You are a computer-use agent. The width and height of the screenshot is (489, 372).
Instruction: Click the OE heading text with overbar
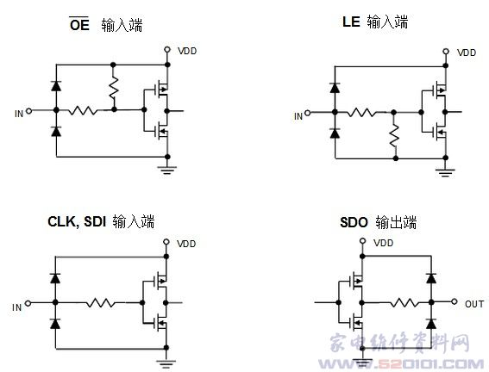tap(79, 24)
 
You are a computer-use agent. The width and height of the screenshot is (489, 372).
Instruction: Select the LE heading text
tap(351, 22)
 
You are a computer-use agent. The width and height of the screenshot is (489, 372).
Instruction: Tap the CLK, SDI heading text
tap(77, 221)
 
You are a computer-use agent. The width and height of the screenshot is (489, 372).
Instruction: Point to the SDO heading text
tap(354, 222)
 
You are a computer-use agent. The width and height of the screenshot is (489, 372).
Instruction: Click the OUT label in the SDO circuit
tap(474, 304)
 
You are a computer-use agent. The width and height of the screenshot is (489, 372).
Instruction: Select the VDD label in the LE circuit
tap(467, 53)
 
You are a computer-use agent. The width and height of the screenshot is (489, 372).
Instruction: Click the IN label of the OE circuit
tap(19, 114)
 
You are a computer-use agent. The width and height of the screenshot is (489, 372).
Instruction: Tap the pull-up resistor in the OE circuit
tap(114, 88)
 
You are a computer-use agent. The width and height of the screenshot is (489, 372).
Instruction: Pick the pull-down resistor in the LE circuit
tap(394, 135)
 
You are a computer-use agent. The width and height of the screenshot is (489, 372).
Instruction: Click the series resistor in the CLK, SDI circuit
tap(100, 302)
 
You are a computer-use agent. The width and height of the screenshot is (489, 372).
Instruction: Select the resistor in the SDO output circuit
tap(404, 302)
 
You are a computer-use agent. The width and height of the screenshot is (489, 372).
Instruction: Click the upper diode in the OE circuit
tap(56, 85)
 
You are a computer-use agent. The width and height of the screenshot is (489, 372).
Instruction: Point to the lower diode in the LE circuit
tap(335, 133)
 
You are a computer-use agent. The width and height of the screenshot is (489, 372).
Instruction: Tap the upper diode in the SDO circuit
tap(431, 278)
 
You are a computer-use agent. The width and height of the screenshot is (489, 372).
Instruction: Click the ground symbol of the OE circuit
tap(167, 170)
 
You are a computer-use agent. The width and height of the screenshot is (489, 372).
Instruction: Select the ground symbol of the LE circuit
tap(445, 172)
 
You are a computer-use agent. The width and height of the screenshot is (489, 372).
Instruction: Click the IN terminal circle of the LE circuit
tap(308, 113)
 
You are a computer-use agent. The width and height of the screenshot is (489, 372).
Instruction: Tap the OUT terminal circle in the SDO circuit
tap(454, 301)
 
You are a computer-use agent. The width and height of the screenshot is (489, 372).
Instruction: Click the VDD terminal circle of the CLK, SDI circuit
tap(166, 242)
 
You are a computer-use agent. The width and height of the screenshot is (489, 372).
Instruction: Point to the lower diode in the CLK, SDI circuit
tap(55, 324)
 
